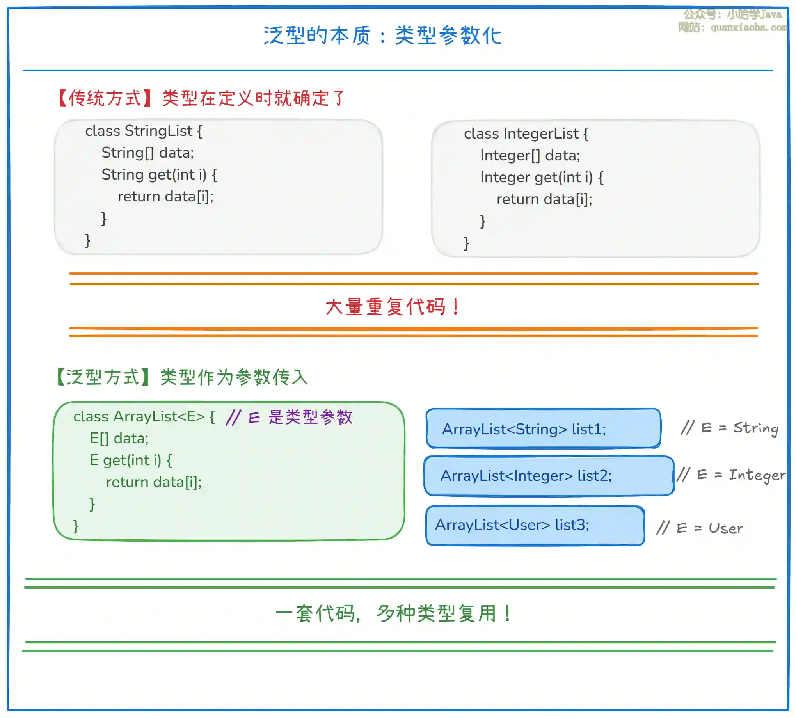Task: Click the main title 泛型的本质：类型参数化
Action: pos(382,36)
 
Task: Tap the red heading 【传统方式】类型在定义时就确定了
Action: pos(201,98)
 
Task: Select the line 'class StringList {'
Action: pos(144,131)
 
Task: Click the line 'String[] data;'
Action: pos(147,153)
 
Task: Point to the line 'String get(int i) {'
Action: pos(159,175)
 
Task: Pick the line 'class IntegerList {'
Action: pos(526,134)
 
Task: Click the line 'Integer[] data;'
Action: pos(530,156)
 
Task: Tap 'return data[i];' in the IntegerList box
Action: pos(544,199)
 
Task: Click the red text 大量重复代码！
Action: pos(393,307)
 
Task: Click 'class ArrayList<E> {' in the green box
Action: pos(144,417)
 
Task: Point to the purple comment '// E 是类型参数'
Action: pos(289,417)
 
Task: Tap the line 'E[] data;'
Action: pos(119,438)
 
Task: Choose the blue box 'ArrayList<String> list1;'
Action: pos(543,429)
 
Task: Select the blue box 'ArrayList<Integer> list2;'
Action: pos(548,476)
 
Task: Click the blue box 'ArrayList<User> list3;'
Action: pos(535,525)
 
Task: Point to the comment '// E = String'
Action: pos(730,428)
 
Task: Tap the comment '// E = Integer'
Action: pos(731,475)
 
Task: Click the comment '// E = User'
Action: pos(699,528)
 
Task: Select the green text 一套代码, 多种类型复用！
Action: pos(394,614)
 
